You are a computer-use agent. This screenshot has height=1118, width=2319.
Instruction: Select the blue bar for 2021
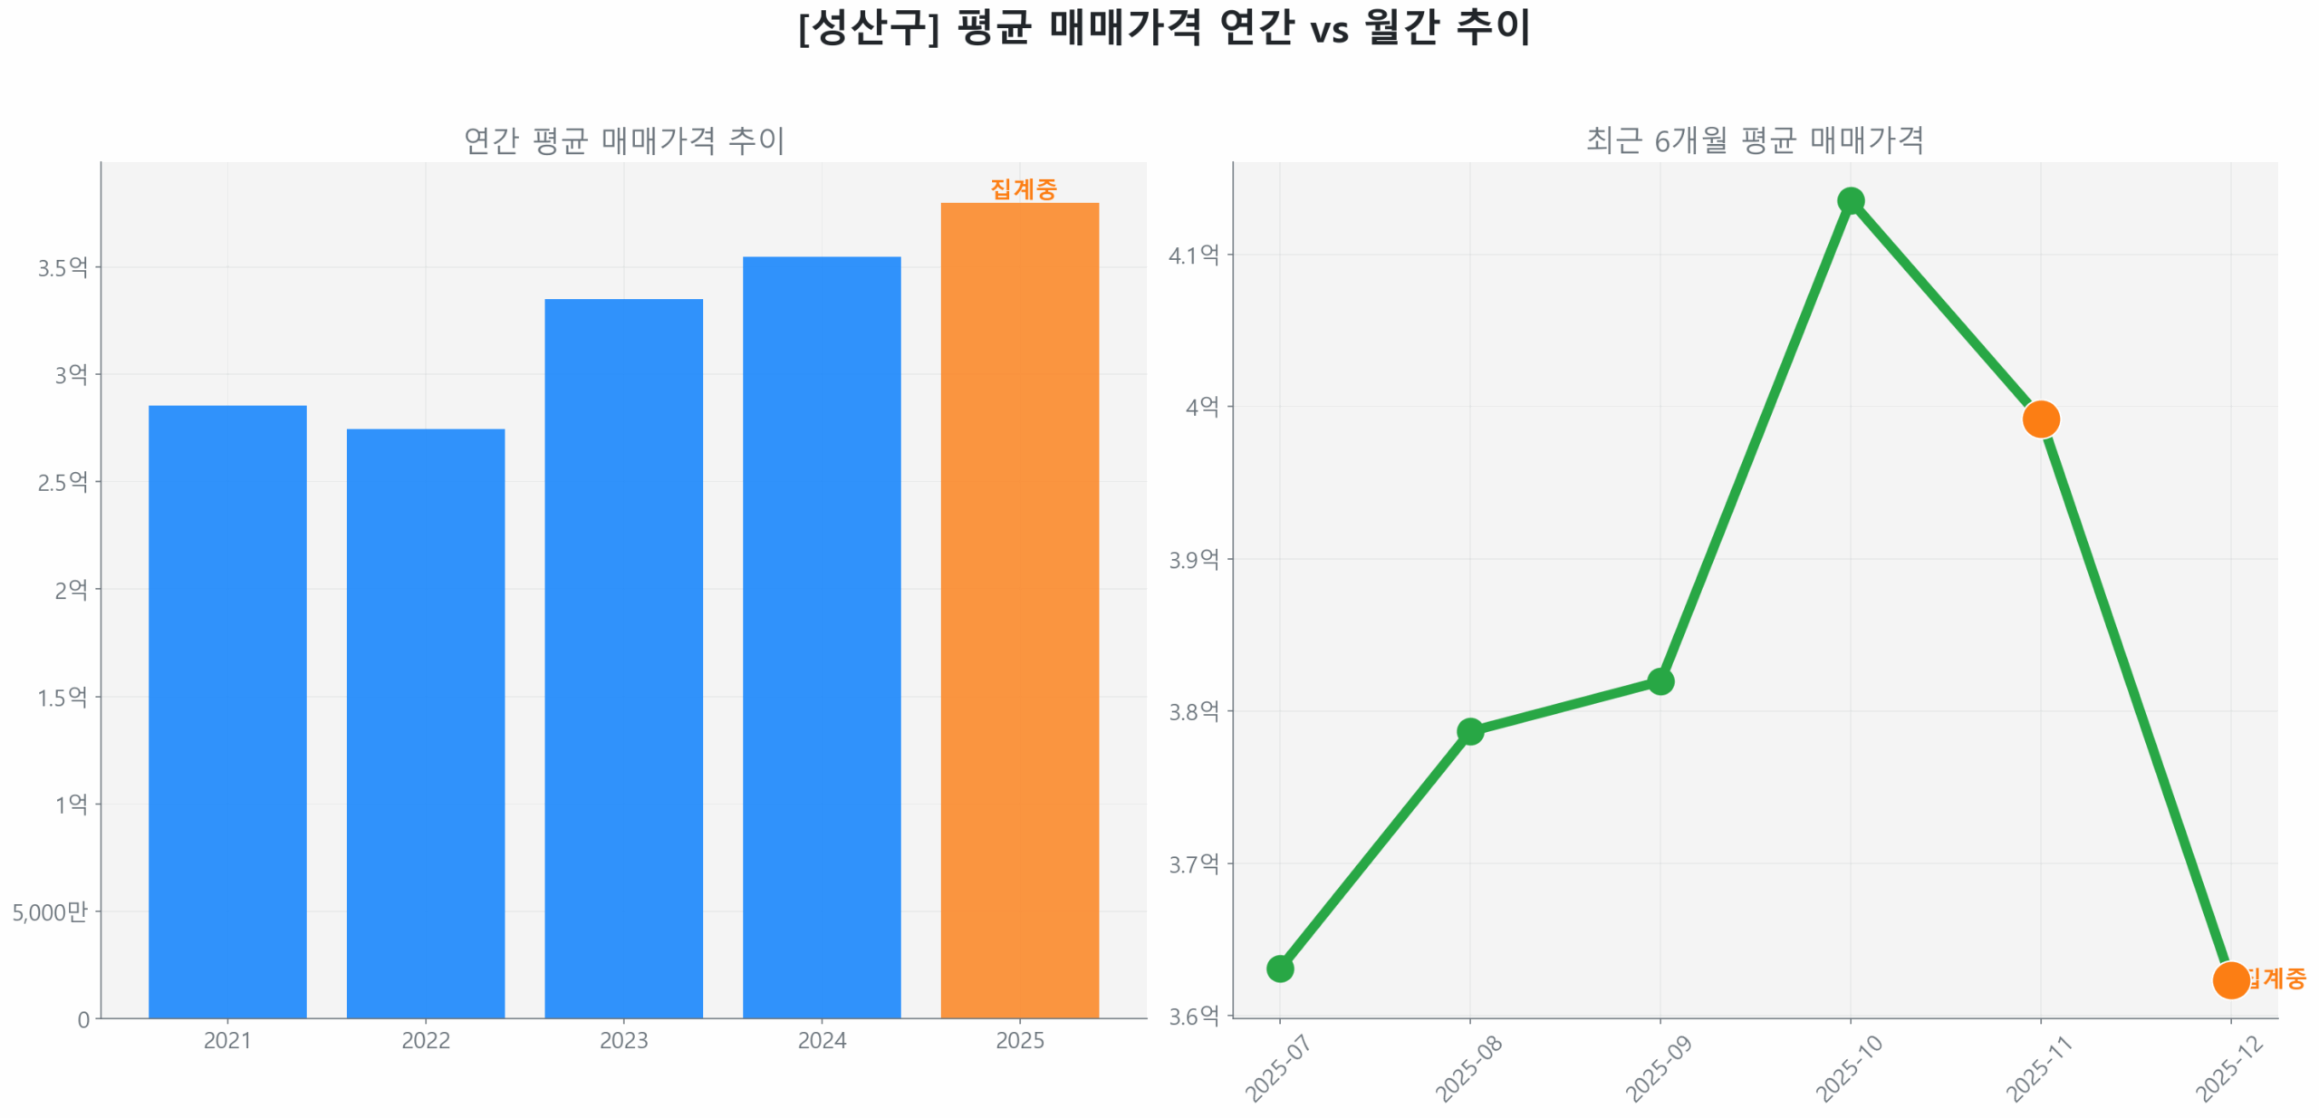(227, 711)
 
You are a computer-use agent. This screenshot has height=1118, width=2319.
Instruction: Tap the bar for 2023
(623, 658)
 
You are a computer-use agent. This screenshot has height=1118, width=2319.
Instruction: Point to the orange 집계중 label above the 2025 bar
(1023, 188)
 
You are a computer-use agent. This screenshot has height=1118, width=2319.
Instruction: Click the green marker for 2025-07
(1279, 969)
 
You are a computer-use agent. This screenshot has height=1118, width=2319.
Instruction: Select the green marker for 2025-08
(1469, 731)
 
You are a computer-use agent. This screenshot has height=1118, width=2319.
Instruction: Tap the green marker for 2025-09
(1660, 681)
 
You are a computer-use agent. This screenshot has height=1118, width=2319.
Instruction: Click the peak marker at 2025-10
(1850, 200)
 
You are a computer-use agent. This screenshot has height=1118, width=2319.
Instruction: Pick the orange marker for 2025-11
(2040, 419)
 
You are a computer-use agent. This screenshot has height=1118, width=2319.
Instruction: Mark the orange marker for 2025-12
(2229, 979)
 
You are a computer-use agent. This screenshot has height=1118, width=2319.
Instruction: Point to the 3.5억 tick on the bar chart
(63, 267)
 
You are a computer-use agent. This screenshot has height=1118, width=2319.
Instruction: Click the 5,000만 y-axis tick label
(50, 911)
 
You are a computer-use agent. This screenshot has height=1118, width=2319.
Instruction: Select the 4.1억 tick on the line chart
(1193, 255)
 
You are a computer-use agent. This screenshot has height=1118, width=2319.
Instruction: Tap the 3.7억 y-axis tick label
(1193, 863)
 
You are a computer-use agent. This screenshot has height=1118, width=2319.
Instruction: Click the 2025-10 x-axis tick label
(1849, 1068)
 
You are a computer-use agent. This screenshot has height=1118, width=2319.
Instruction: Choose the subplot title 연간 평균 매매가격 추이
(623, 140)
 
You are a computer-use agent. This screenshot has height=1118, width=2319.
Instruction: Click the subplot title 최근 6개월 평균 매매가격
(1754, 140)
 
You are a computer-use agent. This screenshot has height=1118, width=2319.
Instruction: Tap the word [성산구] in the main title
(868, 27)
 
